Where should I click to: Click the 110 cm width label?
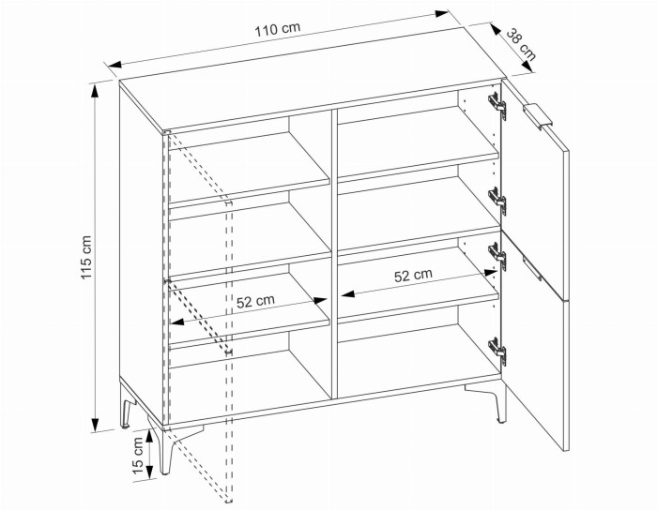coord(278,29)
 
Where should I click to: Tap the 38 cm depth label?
coord(521,44)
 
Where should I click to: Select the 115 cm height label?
coord(85,257)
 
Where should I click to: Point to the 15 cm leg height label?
coord(138,456)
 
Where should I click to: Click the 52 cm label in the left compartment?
coord(255,301)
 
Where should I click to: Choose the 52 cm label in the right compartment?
coord(413,276)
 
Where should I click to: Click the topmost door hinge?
coord(497,104)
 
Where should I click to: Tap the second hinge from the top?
coord(497,200)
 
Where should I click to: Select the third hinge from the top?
coord(497,254)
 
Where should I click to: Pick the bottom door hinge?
coord(497,351)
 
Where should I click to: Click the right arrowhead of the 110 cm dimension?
coord(442,13)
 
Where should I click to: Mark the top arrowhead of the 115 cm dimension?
coord(96,91)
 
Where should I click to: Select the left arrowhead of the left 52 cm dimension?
coord(177,322)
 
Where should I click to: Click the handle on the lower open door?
coord(532,269)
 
